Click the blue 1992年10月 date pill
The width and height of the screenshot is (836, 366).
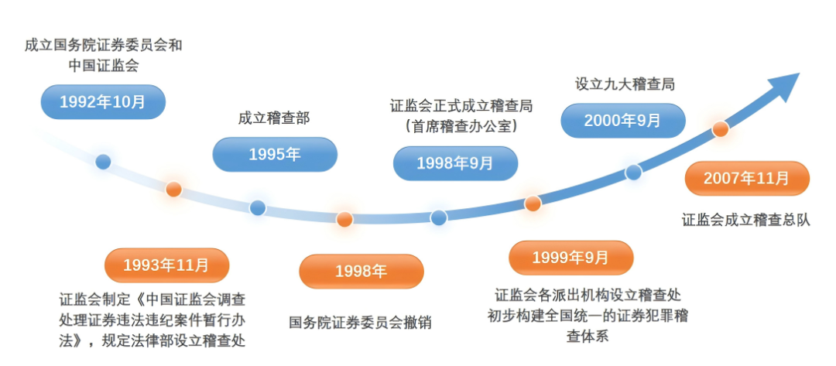click(x=103, y=102)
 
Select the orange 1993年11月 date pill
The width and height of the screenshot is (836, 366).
click(x=167, y=265)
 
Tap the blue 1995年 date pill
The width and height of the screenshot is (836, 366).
click(x=275, y=155)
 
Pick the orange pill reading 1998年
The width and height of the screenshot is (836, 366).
click(x=361, y=271)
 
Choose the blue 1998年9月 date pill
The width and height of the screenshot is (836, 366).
click(x=455, y=163)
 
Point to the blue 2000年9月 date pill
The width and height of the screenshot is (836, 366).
click(x=622, y=121)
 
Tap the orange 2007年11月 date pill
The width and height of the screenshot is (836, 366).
click(x=747, y=179)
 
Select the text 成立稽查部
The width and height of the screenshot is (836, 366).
click(x=274, y=118)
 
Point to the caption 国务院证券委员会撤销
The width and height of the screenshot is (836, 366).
click(x=360, y=323)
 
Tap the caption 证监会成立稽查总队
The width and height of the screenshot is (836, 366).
click(x=746, y=220)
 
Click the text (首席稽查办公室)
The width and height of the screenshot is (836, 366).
click(x=461, y=127)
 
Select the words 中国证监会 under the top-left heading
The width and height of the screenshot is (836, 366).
click(x=104, y=66)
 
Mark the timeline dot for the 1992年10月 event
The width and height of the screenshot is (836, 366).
click(x=103, y=162)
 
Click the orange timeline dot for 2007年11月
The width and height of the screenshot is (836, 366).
click(x=721, y=129)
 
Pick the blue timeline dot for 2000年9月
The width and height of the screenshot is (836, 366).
click(x=633, y=172)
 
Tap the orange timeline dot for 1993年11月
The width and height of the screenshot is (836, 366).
click(x=174, y=189)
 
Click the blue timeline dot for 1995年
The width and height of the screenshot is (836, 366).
click(x=258, y=208)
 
